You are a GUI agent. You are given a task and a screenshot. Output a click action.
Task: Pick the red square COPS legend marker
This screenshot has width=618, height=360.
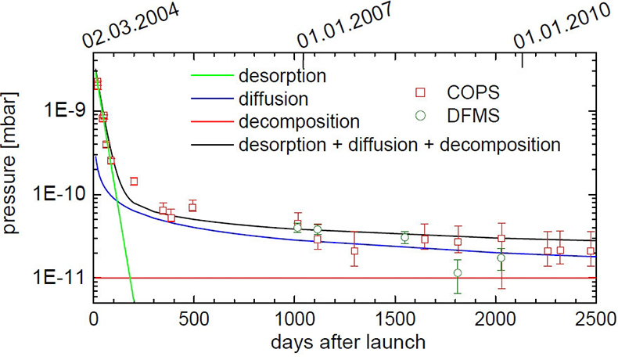click(422, 94)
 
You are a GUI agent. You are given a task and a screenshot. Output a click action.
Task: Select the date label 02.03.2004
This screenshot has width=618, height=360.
click(130, 27)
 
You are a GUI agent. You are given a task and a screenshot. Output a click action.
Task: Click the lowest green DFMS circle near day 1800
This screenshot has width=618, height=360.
click(458, 273)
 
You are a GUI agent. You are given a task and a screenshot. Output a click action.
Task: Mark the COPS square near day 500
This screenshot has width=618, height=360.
click(192, 207)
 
